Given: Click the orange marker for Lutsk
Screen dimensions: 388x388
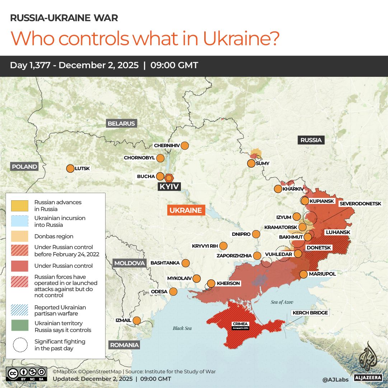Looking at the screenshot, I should pyautogui.click(x=70, y=168).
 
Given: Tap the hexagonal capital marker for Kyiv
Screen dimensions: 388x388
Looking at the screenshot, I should pyautogui.click(x=169, y=178).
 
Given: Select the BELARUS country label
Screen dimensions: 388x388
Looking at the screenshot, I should pyautogui.click(x=121, y=123).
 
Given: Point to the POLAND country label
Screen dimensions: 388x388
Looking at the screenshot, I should pyautogui.click(x=24, y=167).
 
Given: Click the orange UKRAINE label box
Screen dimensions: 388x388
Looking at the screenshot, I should pyautogui.click(x=186, y=210).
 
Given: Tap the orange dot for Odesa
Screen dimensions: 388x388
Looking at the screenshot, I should pyautogui.click(x=173, y=291).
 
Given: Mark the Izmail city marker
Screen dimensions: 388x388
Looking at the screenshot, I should pyautogui.click(x=137, y=320).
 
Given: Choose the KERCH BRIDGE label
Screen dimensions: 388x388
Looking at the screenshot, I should pyautogui.click(x=310, y=313).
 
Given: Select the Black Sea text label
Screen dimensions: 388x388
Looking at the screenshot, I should pyautogui.click(x=182, y=328).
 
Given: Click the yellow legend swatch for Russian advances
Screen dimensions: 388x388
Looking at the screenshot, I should pyautogui.click(x=20, y=206).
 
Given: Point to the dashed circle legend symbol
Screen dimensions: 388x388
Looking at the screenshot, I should pyautogui.click(x=20, y=345).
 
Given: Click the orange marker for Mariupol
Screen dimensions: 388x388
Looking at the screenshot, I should pyautogui.click(x=303, y=274).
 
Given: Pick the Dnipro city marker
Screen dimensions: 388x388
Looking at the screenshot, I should pyautogui.click(x=256, y=234).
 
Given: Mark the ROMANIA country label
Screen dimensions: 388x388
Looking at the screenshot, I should pyautogui.click(x=124, y=345).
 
